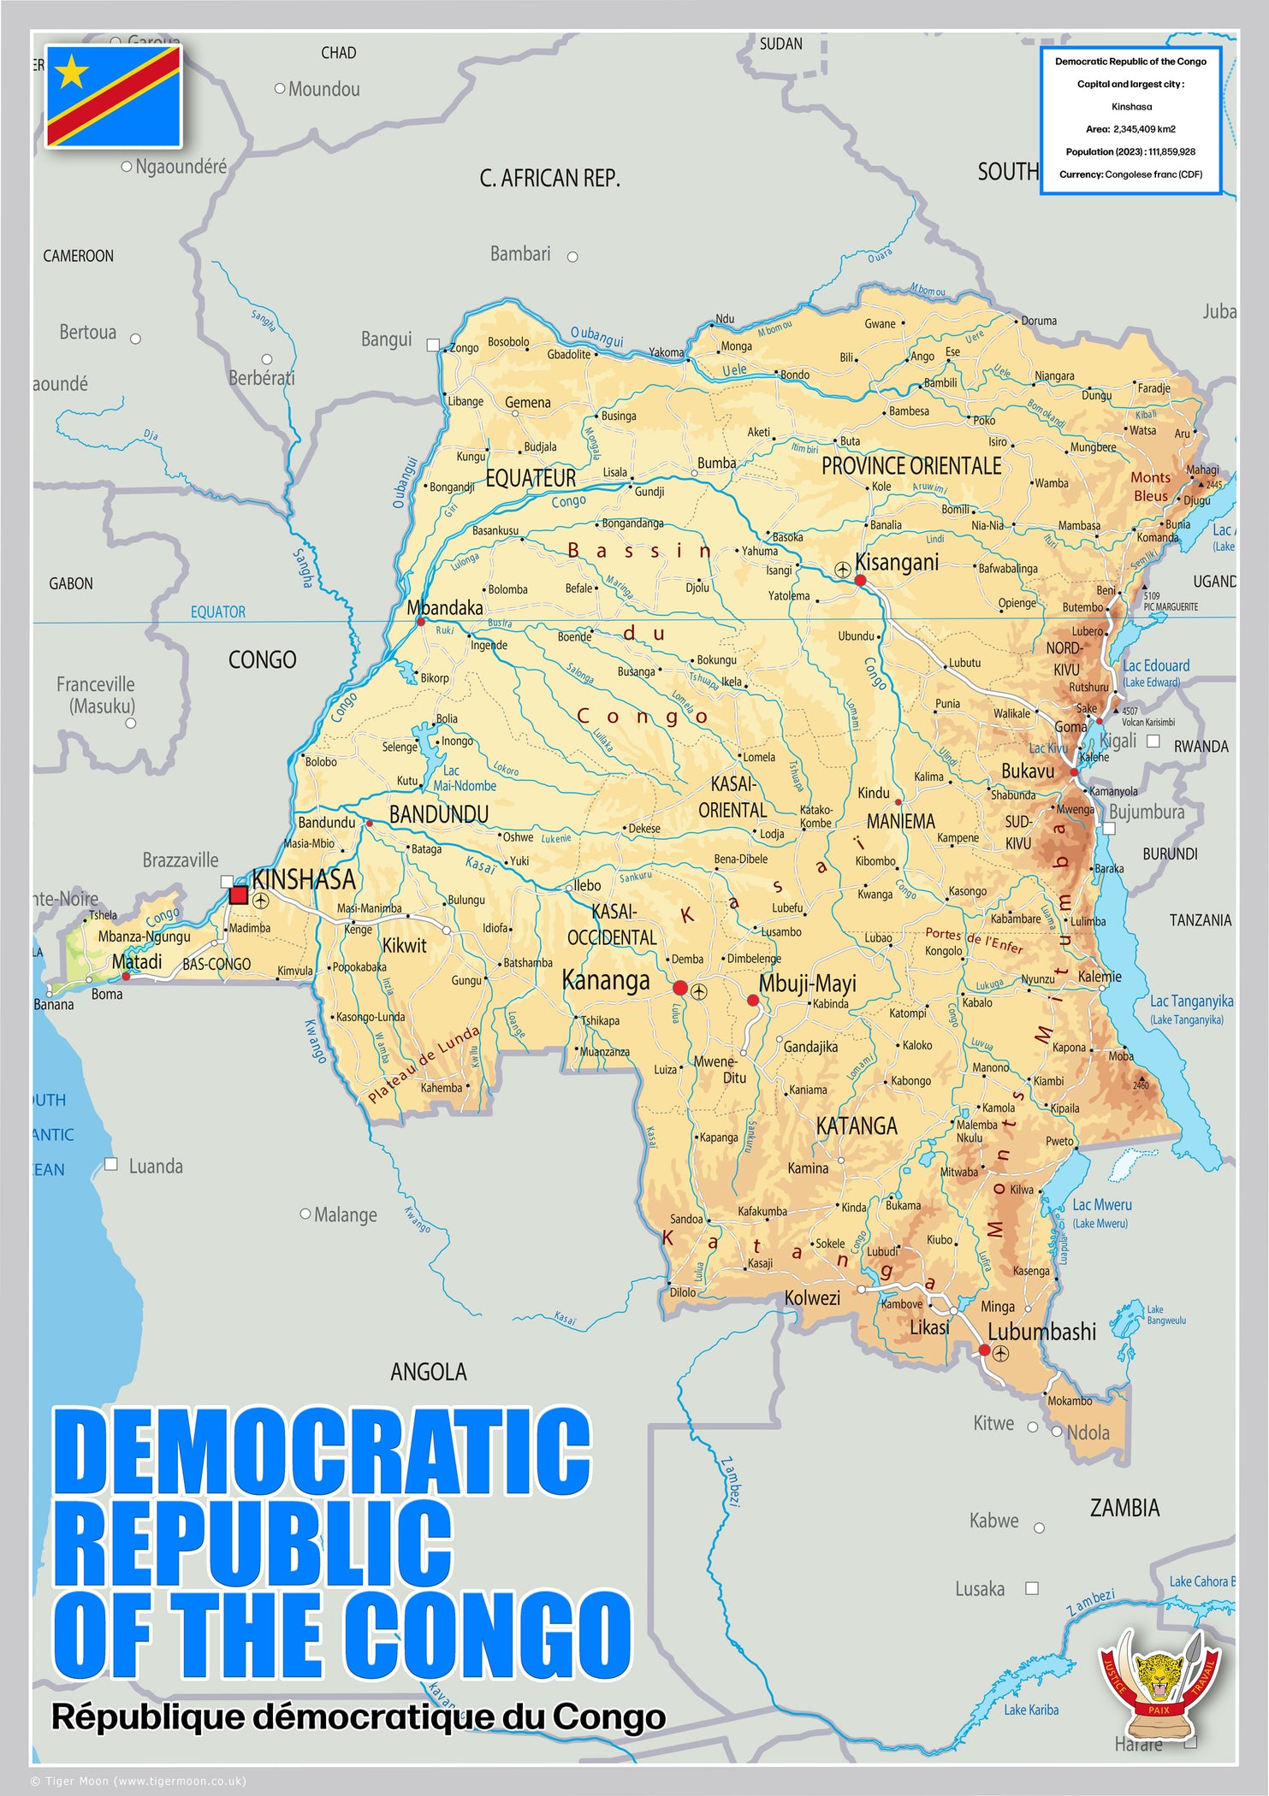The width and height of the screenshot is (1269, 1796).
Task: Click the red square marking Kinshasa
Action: pos(239,895)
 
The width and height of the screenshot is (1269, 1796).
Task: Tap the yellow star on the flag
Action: pos(72,72)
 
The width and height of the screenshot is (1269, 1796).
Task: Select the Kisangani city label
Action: pos(897,562)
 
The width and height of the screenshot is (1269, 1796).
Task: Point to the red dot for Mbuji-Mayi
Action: pos(753,1000)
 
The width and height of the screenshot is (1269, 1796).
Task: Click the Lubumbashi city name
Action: pos(1041,1332)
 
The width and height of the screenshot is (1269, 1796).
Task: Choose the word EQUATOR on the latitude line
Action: pos(217,611)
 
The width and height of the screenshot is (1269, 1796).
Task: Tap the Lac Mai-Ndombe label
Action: pos(463,778)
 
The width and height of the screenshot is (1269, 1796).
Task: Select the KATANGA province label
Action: pos(857,1125)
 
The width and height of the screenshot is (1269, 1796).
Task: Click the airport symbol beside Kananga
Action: pos(699,991)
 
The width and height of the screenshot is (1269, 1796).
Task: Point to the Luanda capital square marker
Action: pos(110,1164)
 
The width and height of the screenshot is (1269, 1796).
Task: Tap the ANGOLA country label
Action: pos(429,1372)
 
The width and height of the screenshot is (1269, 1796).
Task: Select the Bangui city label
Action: pos(386,339)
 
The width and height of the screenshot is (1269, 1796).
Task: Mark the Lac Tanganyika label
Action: pos(1191,1001)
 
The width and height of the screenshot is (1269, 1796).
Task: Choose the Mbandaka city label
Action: pos(444,607)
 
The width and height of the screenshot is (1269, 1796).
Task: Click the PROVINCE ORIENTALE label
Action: pos(911,466)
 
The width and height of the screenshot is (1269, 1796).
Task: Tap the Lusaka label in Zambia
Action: pos(980,1588)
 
